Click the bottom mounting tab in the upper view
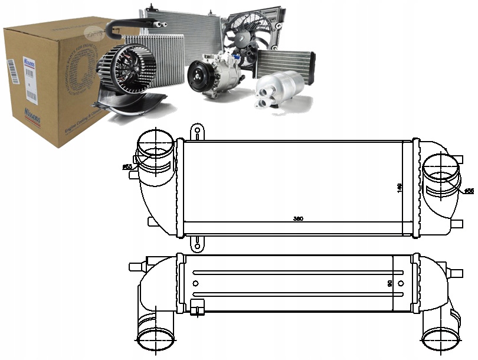(197, 243)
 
